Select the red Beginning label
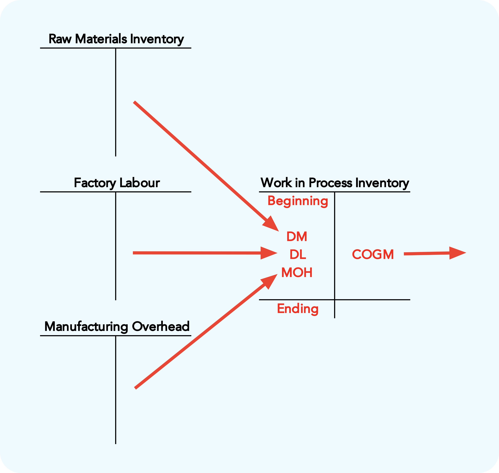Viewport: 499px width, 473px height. tap(298, 201)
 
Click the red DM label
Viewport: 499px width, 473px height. tap(297, 237)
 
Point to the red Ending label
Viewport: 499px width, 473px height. tap(298, 309)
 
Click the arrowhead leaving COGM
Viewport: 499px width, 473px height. tap(457, 253)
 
